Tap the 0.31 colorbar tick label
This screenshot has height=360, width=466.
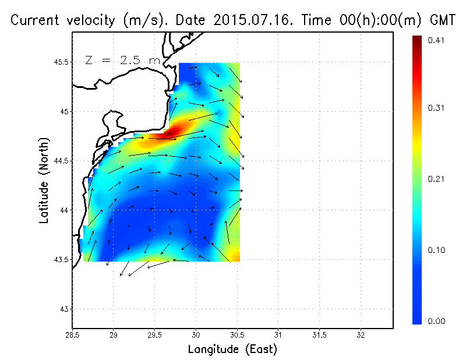pos(436,108)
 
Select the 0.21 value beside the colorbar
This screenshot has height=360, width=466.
pos(436,179)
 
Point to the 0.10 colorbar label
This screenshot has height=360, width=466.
pos(436,250)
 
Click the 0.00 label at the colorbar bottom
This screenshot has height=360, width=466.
pos(436,320)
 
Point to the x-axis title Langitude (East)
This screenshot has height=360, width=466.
pos(232,350)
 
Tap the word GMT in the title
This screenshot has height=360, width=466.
pos(442,21)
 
